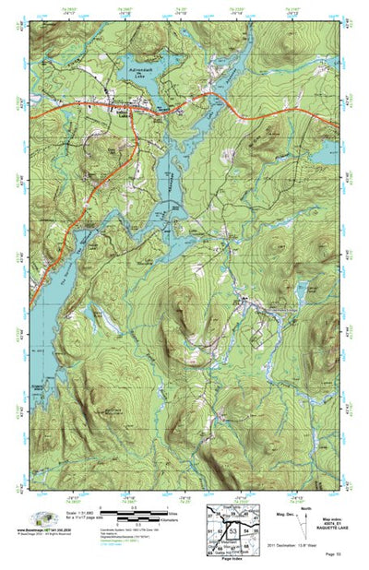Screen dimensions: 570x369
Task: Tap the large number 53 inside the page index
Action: pyautogui.click(x=233, y=532)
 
